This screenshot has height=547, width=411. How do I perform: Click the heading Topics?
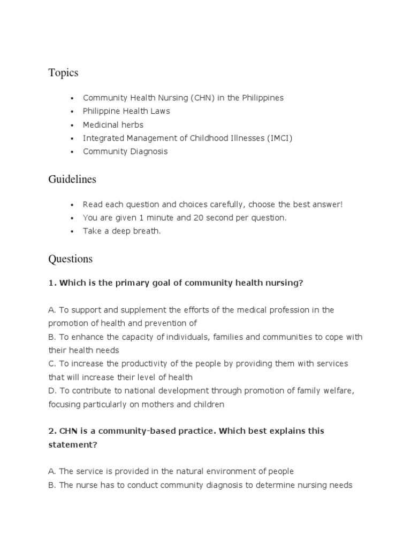pyautogui.click(x=63, y=73)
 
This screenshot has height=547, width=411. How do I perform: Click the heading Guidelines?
pyautogui.click(x=72, y=179)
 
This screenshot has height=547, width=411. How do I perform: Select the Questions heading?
pyautogui.click(x=70, y=259)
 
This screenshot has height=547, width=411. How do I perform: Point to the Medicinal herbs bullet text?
pyautogui.click(x=113, y=124)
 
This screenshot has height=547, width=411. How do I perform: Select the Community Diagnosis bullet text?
pyautogui.click(x=125, y=151)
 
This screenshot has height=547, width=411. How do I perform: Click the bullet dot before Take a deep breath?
pyautogui.click(x=71, y=231)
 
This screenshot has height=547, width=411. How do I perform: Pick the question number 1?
pyautogui.click(x=52, y=283)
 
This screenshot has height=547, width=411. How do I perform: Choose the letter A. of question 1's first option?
pyautogui.click(x=52, y=310)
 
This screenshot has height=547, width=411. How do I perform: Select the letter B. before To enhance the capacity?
pyautogui.click(x=52, y=337)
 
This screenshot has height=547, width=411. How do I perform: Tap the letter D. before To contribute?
pyautogui.click(x=52, y=391)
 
